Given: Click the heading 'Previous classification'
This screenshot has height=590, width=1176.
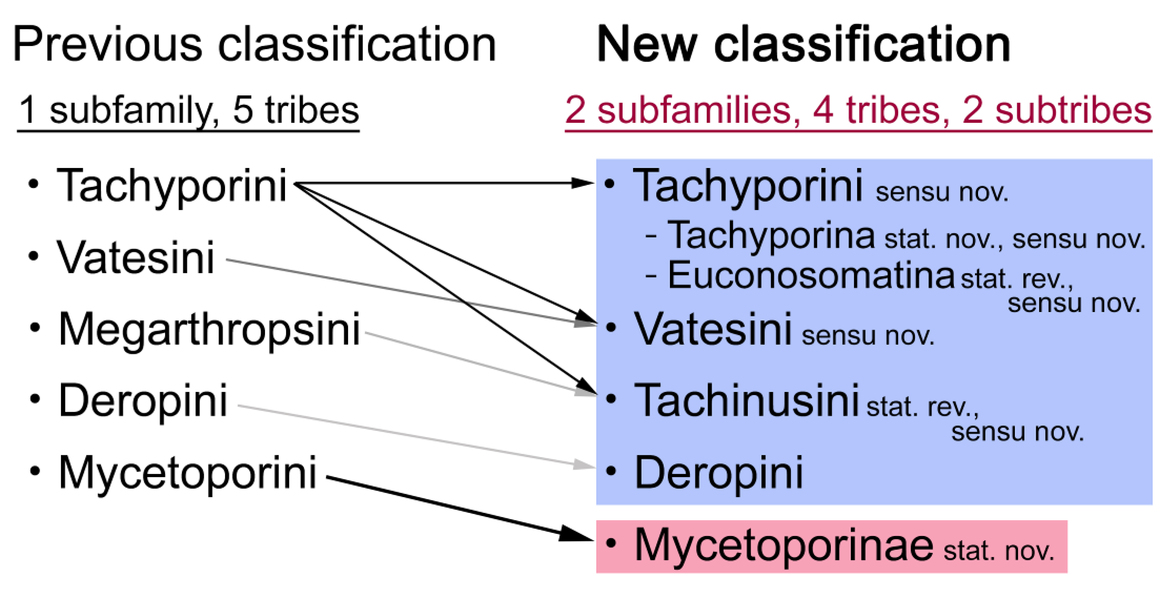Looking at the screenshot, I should click(x=254, y=44).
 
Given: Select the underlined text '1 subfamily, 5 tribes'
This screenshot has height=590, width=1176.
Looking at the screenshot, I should click(x=188, y=111).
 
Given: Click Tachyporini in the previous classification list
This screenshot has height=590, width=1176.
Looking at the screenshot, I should click(x=171, y=186).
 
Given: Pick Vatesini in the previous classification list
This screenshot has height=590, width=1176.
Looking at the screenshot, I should click(x=135, y=258).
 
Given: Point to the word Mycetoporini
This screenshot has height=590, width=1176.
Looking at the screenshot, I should click(x=187, y=473).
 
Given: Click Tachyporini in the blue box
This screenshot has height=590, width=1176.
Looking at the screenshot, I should click(x=747, y=186).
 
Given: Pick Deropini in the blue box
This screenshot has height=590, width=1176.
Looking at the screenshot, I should click(x=719, y=473).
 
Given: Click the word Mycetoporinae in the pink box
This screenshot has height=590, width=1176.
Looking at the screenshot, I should click(x=783, y=545).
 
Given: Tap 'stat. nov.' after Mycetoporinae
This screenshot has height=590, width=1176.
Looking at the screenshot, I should click(x=999, y=551).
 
